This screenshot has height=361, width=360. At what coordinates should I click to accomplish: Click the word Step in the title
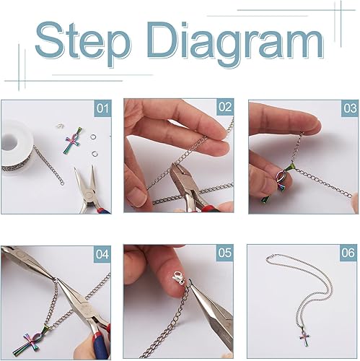tap(83, 42)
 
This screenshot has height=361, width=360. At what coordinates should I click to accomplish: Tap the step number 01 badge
tap(102, 108)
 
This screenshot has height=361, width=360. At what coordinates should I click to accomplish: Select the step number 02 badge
tap(225, 107)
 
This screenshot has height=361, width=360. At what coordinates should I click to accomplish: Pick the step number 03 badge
tap(350, 108)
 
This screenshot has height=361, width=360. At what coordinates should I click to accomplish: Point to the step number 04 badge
tap(102, 254)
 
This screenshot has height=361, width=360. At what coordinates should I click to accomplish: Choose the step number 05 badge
tap(224, 253)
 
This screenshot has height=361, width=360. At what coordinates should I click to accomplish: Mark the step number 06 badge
tap(348, 253)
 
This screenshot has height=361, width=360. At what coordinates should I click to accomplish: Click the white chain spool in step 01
tap(17, 147)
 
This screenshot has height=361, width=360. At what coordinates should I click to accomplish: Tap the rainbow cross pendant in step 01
tap(73, 142)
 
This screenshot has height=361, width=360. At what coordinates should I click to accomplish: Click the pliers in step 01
tap(89, 190)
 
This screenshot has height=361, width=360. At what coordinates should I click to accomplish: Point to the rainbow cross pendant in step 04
tap(27, 341)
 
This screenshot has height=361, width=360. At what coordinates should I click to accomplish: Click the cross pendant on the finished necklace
tap(304, 336)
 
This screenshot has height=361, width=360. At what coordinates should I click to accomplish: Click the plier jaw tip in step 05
tap(190, 281)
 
